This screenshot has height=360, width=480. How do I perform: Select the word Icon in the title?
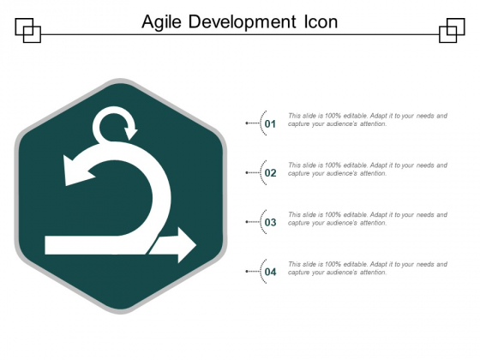[x=317, y=21]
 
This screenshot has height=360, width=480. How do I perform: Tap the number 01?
[x=271, y=124]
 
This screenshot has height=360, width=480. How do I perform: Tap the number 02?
[x=271, y=173]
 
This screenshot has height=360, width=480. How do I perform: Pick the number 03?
[x=271, y=223]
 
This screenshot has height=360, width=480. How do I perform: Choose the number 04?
[x=271, y=273]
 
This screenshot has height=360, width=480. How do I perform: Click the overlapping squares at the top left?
[x=28, y=30]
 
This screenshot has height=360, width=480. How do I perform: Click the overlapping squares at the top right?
[x=452, y=30]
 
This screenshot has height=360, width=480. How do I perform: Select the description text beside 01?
[x=367, y=119]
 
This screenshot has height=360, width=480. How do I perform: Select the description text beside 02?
[x=367, y=169]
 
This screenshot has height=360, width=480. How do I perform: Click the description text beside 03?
[x=367, y=219]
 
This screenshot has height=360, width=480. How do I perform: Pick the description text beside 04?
[x=367, y=268]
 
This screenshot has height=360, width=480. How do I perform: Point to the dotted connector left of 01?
[x=254, y=123]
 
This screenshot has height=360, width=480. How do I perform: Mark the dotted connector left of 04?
[x=254, y=273]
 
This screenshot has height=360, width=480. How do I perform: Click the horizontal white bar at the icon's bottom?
[x=103, y=246]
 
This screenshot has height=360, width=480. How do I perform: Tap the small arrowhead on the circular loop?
[x=131, y=133]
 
